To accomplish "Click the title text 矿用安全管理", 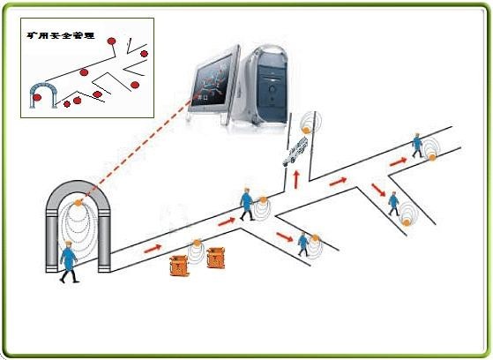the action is pos(61,35).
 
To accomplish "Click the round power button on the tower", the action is pos(272,89).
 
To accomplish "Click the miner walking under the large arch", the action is pos(69,262).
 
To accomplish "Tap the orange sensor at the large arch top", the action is pos(77,203).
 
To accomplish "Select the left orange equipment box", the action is pos(179,266).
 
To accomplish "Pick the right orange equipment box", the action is pos(216,258).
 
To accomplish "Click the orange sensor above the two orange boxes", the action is pos(197,243).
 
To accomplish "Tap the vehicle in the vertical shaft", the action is pos(295,151).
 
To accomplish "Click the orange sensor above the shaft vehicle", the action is pos(306,130).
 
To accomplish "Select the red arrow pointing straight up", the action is pos(295,180).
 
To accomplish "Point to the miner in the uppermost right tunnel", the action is pos(417,146).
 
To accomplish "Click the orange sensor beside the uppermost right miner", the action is pos(433,157).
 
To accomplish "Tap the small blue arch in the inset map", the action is pos(43,94).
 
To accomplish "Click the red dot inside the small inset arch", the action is pos(37,98).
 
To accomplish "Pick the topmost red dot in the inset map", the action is pos(111,41).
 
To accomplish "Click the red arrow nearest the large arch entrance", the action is pos(153,248).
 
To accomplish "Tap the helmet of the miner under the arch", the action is pos(68,243).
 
